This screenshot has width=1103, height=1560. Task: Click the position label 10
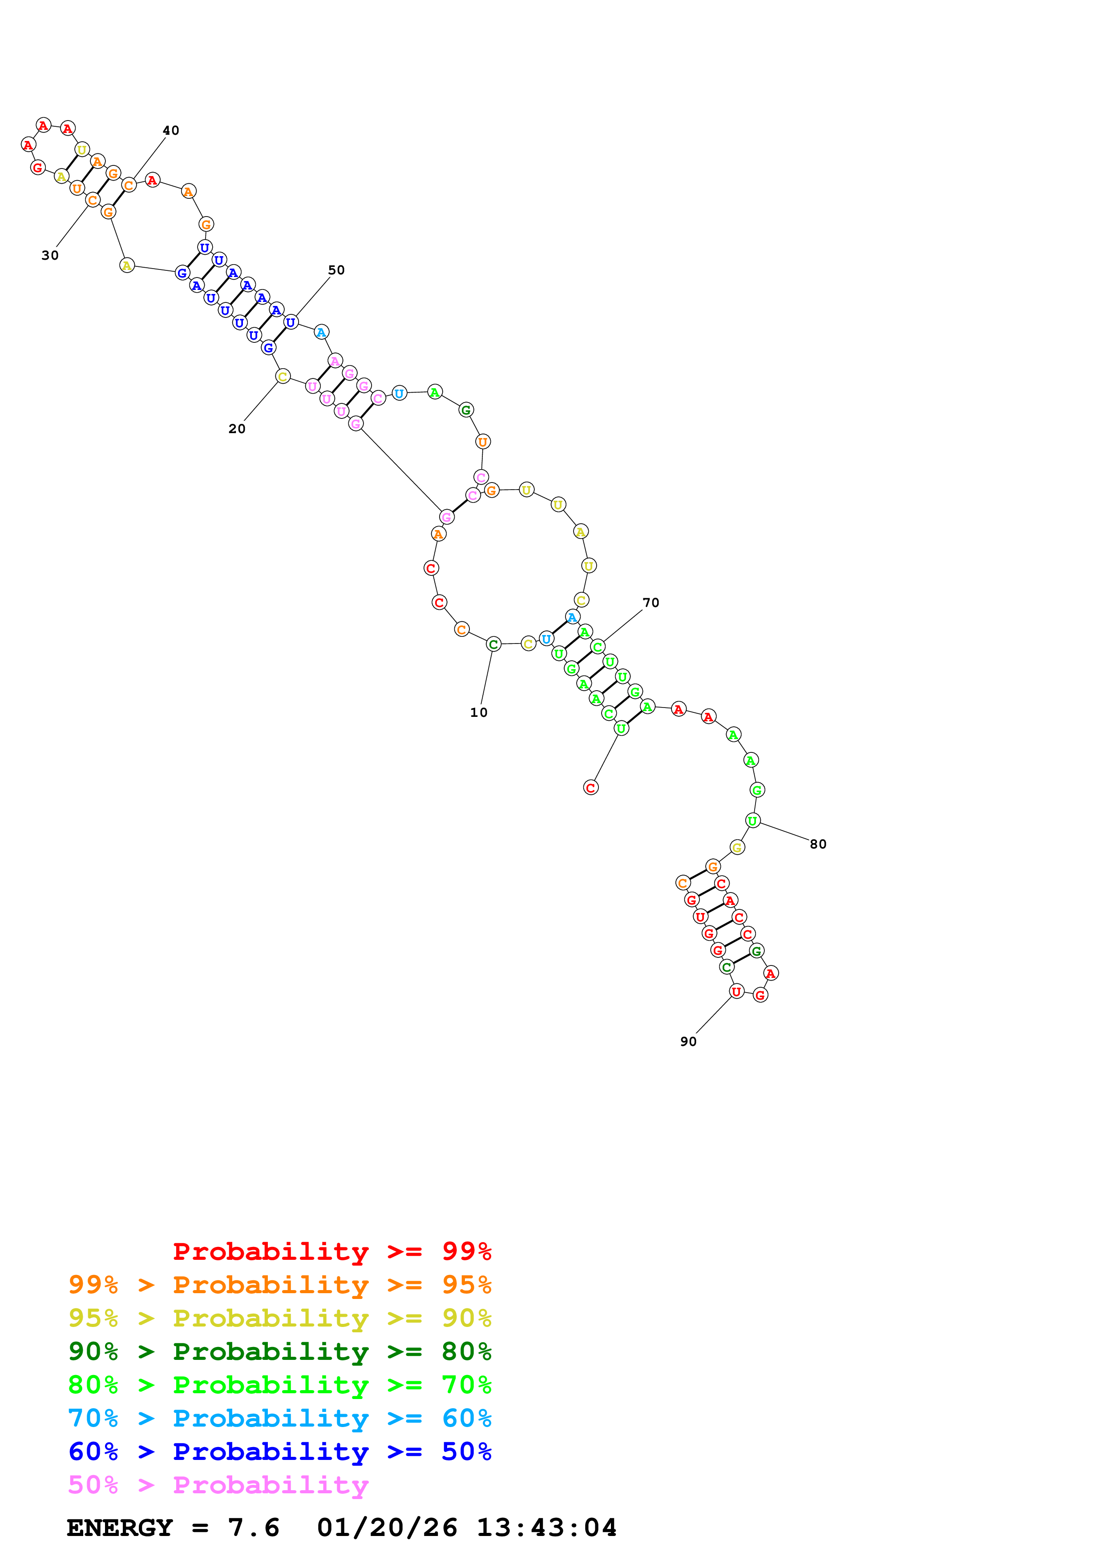coord(478,713)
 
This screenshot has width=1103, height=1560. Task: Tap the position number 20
coord(237,429)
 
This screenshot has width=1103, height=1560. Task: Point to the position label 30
coord(50,255)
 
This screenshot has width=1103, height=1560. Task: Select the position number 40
coord(170,130)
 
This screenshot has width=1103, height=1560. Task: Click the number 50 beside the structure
coord(336,270)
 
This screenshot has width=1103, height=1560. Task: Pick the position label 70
coord(650,603)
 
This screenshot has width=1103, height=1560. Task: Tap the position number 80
coord(817,844)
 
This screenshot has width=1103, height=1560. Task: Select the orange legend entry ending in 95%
coord(279,1285)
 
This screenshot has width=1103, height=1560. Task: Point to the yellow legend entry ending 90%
coord(279,1318)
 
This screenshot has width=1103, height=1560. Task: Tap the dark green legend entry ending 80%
coord(279,1351)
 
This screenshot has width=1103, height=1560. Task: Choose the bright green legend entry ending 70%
coord(279,1385)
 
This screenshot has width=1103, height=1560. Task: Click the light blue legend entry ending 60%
coord(279,1418)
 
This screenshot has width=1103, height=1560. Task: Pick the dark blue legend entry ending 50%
coord(279,1451)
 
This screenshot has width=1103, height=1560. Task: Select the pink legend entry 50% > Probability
coord(218,1484)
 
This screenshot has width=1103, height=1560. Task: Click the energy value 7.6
coord(253,1528)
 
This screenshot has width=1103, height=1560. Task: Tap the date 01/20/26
coord(387,1528)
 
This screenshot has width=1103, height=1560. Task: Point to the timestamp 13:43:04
coord(546,1528)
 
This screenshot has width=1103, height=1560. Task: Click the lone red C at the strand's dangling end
coord(590,788)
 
